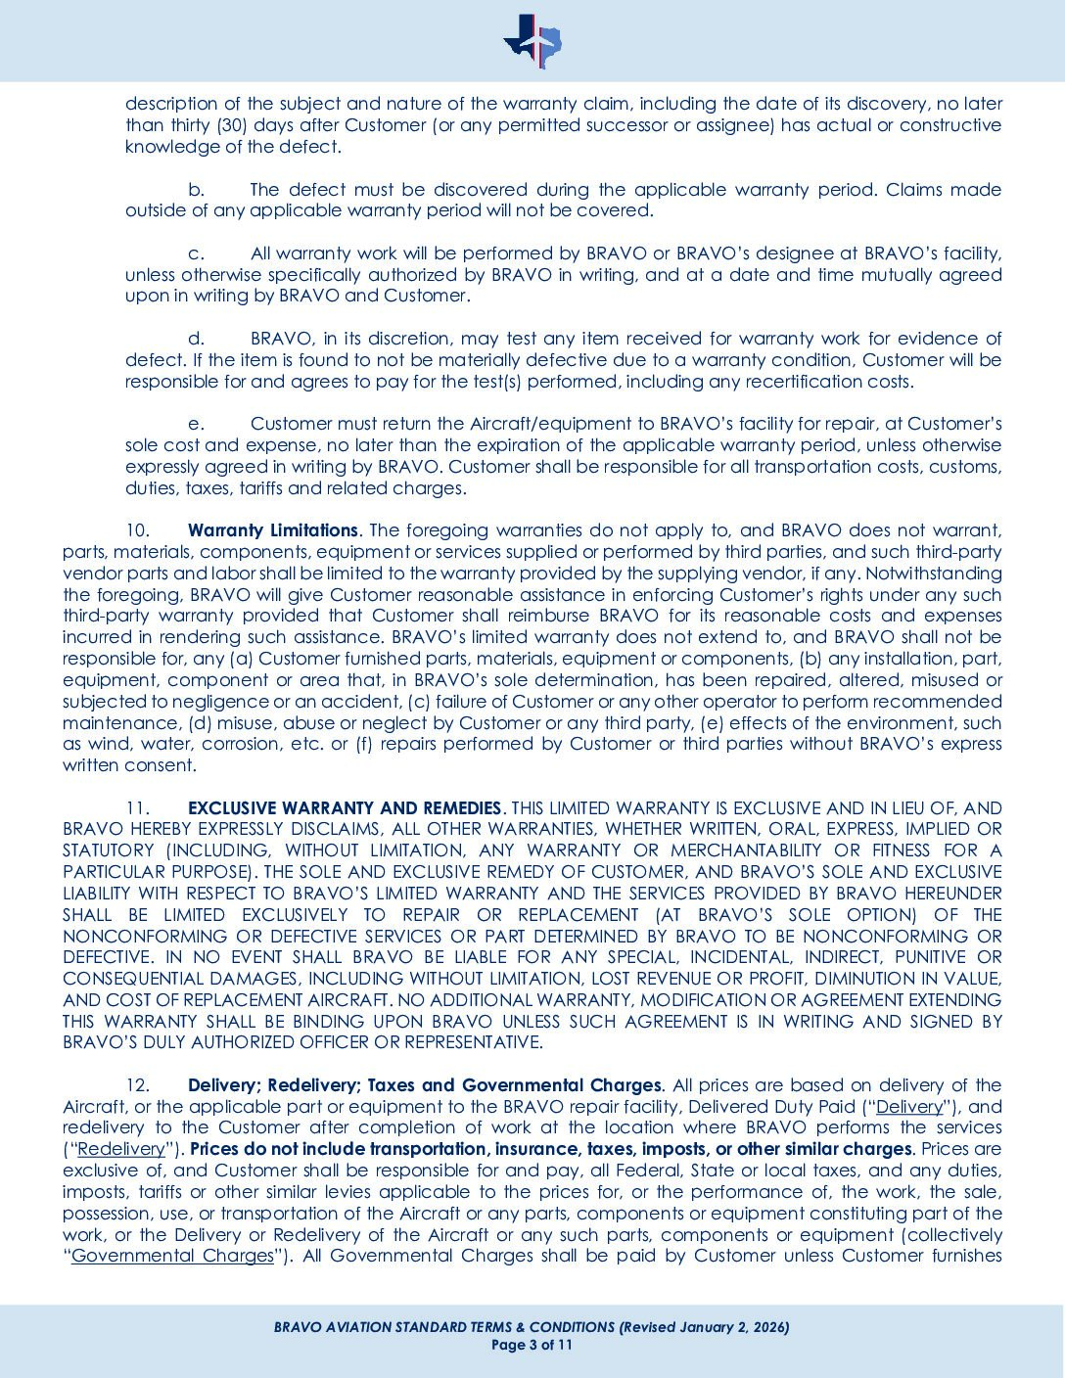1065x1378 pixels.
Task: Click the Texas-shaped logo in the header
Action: pyautogui.click(x=532, y=41)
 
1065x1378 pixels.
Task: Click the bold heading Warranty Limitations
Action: pyautogui.click(x=273, y=530)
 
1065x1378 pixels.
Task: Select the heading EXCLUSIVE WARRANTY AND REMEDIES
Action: pyautogui.click(x=344, y=807)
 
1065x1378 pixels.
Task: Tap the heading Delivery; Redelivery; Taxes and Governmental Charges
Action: pyautogui.click(x=424, y=1084)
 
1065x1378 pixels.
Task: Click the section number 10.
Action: pyautogui.click(x=138, y=530)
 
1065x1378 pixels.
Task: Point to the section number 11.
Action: pyautogui.click(x=138, y=807)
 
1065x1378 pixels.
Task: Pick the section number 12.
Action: pyautogui.click(x=138, y=1084)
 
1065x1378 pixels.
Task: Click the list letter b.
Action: pyautogui.click(x=196, y=189)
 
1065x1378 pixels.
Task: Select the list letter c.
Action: pyautogui.click(x=196, y=253)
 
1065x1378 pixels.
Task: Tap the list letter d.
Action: pyautogui.click(x=196, y=339)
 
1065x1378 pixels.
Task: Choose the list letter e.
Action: pyautogui.click(x=196, y=424)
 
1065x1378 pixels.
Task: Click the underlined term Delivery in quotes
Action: pyautogui.click(x=908, y=1106)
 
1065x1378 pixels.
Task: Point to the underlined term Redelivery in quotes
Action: pyautogui.click(x=120, y=1149)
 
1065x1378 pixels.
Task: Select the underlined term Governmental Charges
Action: pyautogui.click(x=172, y=1256)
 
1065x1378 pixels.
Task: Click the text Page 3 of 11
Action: pyautogui.click(x=532, y=1345)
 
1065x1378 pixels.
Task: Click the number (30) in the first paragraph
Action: pyautogui.click(x=231, y=125)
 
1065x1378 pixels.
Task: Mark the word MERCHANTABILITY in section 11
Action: pyautogui.click(x=745, y=850)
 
